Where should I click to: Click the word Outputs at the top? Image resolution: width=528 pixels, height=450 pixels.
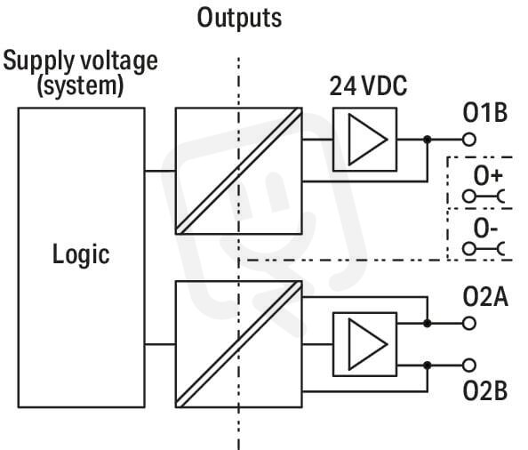click(x=239, y=18)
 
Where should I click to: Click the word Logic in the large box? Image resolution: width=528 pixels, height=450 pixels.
click(x=81, y=254)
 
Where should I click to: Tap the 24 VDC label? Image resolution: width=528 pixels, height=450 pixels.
click(x=368, y=86)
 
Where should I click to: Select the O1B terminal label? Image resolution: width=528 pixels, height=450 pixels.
click(x=485, y=112)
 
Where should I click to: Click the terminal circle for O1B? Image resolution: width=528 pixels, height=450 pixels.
click(x=469, y=139)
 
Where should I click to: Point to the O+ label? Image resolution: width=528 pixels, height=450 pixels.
click(x=488, y=176)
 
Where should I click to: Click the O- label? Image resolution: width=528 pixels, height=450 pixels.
click(x=485, y=229)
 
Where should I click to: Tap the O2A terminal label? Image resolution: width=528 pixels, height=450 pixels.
click(x=485, y=296)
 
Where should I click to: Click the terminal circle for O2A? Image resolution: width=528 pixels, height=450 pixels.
click(x=469, y=324)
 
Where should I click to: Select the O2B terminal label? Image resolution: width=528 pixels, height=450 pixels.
click(x=485, y=390)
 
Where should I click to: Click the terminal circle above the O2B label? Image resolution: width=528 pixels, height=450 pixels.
click(x=469, y=366)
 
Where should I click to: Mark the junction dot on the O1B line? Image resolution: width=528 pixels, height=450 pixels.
click(x=428, y=139)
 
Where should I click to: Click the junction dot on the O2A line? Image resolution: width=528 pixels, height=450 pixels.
click(x=428, y=324)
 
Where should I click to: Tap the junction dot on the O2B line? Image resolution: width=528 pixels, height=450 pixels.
click(x=428, y=366)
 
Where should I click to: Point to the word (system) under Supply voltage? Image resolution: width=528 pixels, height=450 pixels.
click(x=80, y=86)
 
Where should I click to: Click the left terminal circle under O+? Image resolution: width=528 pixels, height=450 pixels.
click(x=469, y=196)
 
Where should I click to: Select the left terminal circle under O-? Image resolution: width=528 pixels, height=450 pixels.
click(x=469, y=249)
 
